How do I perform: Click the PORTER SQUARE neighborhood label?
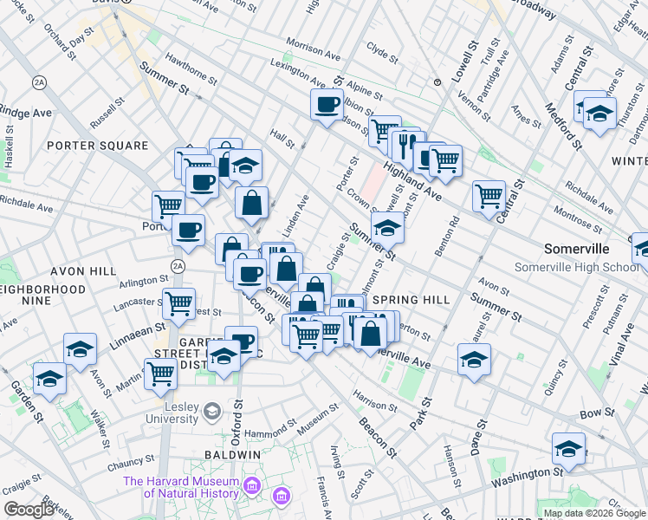[x=92, y=146]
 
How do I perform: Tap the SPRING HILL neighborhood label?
[x=411, y=300]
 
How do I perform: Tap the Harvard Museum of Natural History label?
[x=180, y=487]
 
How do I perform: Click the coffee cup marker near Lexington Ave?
[x=327, y=105]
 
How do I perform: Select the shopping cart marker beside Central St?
[x=489, y=195]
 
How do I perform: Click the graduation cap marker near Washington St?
[x=568, y=447]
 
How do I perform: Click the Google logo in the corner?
[x=28, y=510]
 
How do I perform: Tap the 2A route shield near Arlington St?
[x=178, y=266]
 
